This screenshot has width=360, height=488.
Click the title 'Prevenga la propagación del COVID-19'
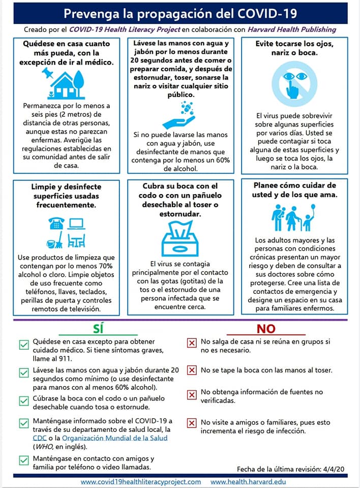click(180, 13)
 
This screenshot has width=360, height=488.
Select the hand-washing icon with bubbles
click(178, 115)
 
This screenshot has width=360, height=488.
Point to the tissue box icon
click(179, 239)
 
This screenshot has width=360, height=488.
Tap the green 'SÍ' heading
click(99, 329)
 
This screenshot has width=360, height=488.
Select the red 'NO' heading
click(266, 329)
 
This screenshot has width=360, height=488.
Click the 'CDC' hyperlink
click(39, 438)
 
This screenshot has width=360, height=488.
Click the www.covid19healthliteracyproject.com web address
click(141, 481)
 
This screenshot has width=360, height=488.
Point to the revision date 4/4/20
click(337, 469)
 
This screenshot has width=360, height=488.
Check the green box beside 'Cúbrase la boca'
click(23, 401)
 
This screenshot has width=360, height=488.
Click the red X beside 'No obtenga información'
click(192, 394)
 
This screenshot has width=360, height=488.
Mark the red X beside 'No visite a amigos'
click(192, 423)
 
